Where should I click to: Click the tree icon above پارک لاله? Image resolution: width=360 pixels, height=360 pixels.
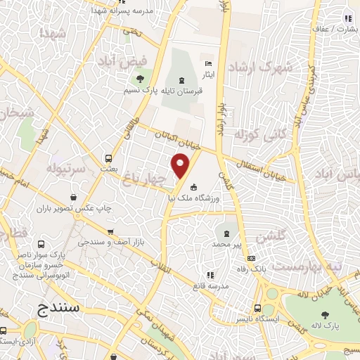[325, 314]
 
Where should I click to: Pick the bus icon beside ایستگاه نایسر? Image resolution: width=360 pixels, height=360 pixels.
[257, 308]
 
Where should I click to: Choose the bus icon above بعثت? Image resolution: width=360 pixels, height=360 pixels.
[109, 157]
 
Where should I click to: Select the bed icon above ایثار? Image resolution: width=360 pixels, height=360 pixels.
[208, 63]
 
